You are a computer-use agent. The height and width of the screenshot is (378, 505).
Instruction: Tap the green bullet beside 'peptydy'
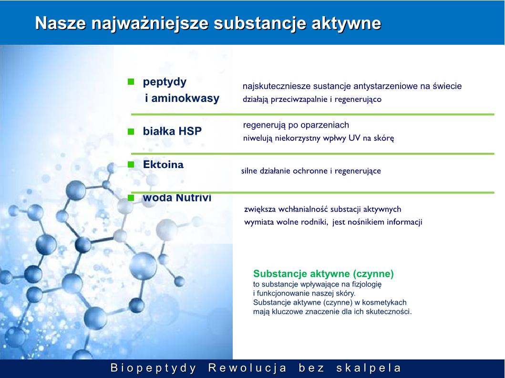pos(131,81)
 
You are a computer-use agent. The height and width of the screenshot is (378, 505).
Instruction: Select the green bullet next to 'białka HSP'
pos(131,131)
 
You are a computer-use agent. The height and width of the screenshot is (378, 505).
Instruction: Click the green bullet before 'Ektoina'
pos(131,165)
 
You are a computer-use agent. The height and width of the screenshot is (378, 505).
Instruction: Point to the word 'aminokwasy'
pos(186,98)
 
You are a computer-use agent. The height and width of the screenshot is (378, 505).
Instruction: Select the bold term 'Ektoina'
pos(163,165)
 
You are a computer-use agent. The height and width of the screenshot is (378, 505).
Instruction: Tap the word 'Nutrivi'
pos(194,198)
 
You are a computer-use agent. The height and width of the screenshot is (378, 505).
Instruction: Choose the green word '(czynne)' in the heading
pos(373,274)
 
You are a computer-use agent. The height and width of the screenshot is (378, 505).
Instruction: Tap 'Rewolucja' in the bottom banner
pos(247,368)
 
